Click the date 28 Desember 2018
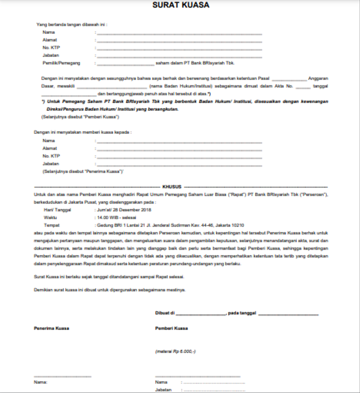tap(133, 209)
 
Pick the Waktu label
tap(50, 216)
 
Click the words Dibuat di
tap(165, 313)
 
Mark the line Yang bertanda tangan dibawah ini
tap(71, 25)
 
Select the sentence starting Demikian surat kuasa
tap(109, 290)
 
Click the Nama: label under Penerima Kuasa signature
tap(40, 382)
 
